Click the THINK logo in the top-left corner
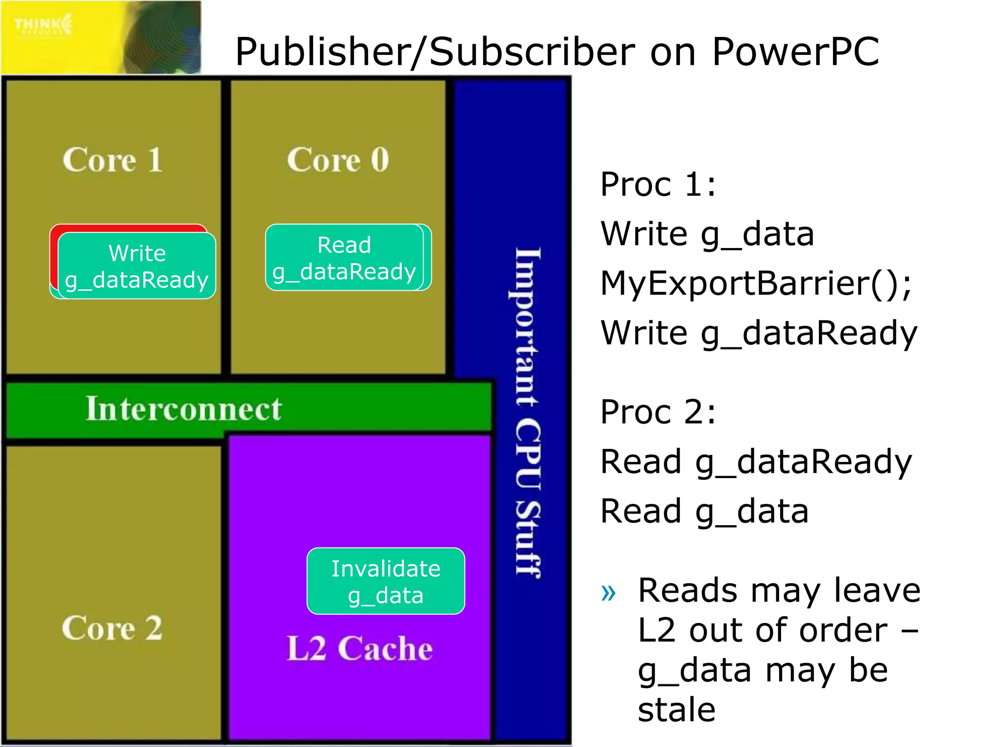43,24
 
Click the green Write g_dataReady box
137,266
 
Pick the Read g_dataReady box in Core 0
344,258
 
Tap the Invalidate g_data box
386,581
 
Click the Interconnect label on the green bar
183,408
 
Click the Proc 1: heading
658,184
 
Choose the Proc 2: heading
658,412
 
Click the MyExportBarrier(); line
756,283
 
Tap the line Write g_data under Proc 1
707,234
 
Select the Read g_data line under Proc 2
704,511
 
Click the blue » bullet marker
608,592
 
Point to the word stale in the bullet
676,710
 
